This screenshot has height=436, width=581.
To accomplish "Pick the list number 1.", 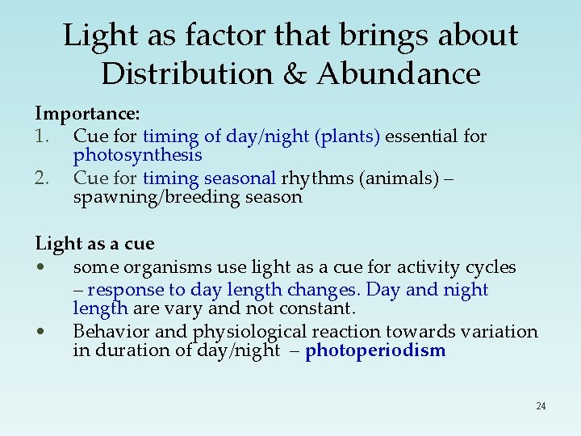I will click(44, 136).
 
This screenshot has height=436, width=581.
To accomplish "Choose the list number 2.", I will click(44, 177).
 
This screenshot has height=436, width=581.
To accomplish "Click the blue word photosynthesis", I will click(137, 154).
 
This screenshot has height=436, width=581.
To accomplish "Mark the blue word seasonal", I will click(240, 177).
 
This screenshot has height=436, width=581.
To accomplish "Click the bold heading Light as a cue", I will click(94, 243).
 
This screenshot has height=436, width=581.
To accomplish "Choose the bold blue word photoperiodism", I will click(375, 350).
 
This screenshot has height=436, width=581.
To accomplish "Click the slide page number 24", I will click(541, 405).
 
